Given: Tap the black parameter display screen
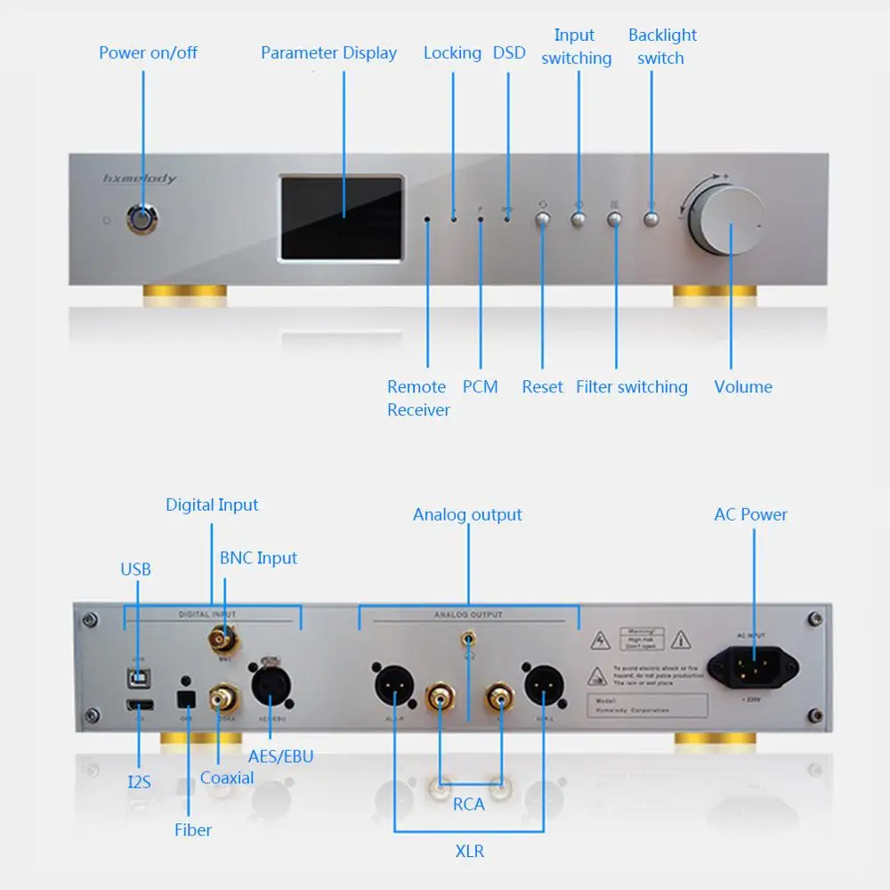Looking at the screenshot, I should click(x=343, y=218).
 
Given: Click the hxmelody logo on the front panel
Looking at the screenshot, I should click(x=140, y=179).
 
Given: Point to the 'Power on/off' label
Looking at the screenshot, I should click(x=148, y=53).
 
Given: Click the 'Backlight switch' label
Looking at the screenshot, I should click(x=662, y=46).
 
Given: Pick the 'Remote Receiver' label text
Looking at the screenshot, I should click(x=417, y=398).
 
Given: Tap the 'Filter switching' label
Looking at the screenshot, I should click(x=631, y=386).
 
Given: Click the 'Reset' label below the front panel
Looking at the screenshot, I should click(x=542, y=386).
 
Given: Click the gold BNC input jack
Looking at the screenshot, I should click(x=223, y=638).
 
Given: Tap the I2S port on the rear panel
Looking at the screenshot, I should click(x=140, y=707).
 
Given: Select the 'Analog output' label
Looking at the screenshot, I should click(x=467, y=514).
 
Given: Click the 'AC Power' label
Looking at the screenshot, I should click(x=750, y=514).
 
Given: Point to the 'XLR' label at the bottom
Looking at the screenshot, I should click(x=469, y=851).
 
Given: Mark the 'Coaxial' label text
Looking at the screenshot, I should click(x=227, y=777).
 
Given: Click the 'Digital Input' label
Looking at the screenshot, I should click(x=212, y=505).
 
